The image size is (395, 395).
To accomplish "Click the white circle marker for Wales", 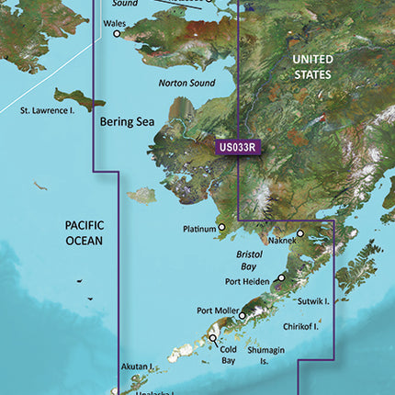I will click(x=117, y=34).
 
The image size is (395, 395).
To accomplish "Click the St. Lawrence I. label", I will click(x=49, y=110).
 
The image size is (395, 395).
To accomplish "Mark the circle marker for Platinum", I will click(x=221, y=227).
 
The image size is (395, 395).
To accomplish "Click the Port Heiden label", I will click(x=249, y=282).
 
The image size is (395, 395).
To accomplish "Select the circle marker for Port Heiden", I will click(x=282, y=276).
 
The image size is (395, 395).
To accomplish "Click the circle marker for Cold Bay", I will click(x=213, y=338).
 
